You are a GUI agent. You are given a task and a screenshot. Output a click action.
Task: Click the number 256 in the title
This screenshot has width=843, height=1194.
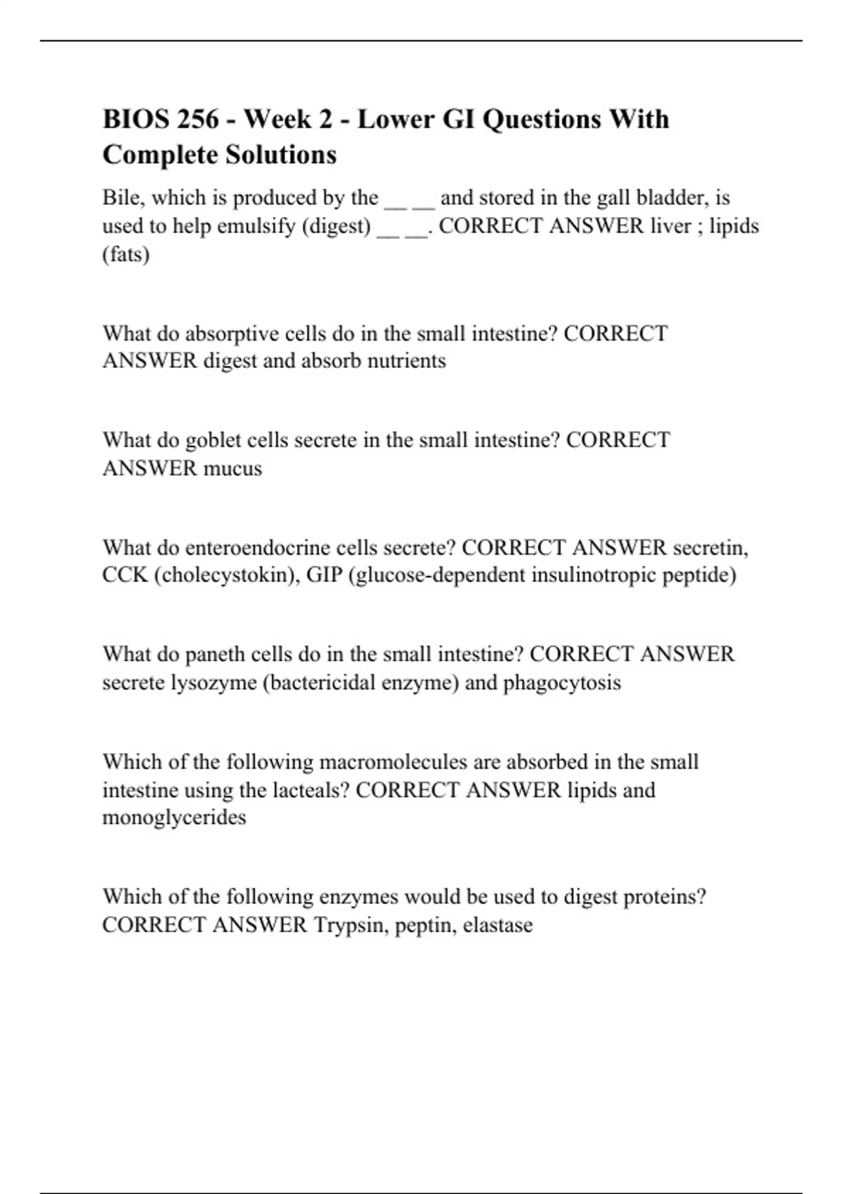pos(198,119)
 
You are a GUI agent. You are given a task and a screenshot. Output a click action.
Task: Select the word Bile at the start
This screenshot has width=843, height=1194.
pos(121,198)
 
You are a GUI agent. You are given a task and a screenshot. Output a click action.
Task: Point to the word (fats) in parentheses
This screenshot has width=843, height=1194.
pos(126,254)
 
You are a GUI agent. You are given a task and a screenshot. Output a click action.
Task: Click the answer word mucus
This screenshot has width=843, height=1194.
pos(233,468)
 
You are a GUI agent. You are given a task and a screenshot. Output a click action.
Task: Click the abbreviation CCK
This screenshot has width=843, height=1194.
pos(125,575)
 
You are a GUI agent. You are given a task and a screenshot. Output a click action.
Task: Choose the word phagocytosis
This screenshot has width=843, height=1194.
pos(562,683)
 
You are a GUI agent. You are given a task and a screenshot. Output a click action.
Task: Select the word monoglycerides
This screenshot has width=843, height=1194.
pos(174,818)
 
